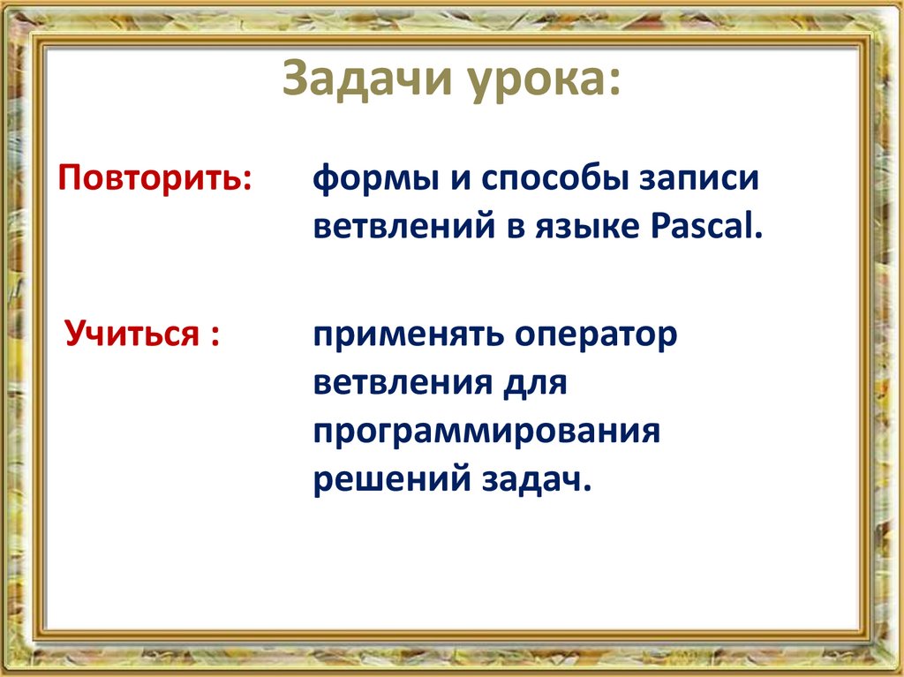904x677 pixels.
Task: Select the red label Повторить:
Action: tap(155, 177)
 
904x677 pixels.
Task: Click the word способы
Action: tap(556, 178)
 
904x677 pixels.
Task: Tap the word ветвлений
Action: tap(404, 227)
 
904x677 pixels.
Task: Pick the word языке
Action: tap(587, 227)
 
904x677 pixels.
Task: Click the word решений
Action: tap(392, 479)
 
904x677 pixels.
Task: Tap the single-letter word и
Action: tap(460, 180)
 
